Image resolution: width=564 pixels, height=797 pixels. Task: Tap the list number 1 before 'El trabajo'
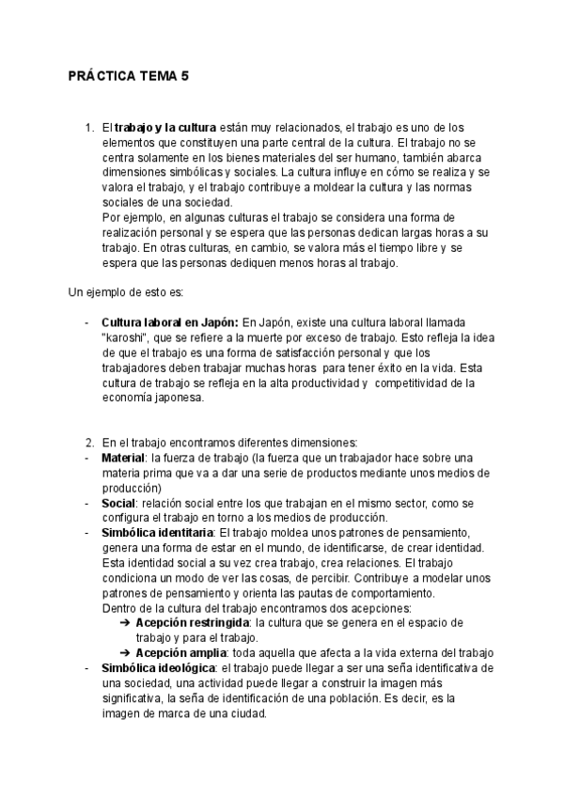[88, 127]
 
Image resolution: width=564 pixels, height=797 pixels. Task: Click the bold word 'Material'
[123, 458]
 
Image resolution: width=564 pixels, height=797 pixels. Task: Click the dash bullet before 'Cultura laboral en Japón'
[86, 322]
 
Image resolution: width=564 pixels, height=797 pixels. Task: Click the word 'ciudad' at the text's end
[248, 713]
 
